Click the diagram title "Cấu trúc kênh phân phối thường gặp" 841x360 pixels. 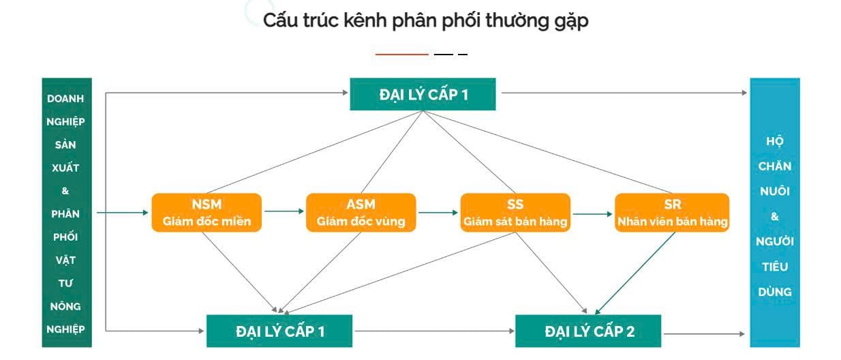(425, 21)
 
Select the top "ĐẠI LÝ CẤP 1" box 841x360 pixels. (423, 94)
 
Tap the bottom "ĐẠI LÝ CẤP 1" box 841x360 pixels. (279, 331)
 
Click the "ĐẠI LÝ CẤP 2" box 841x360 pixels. (588, 331)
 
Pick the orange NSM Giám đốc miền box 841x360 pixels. (207, 212)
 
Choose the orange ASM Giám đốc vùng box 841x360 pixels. (361, 212)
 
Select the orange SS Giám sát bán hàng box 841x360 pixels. (515, 212)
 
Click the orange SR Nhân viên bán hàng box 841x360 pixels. (672, 212)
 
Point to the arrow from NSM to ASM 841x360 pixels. (284, 211)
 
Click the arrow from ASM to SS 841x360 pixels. (438, 212)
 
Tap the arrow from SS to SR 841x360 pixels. (592, 214)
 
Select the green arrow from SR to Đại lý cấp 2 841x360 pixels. (635, 273)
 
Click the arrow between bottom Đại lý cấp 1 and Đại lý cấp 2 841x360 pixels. (434, 331)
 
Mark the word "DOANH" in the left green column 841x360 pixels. (65, 98)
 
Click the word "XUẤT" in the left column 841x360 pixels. (65, 168)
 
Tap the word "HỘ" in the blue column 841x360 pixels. (774, 140)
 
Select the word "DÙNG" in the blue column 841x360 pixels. (774, 292)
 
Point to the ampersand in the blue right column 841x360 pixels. (774, 216)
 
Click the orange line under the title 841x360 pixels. (401, 55)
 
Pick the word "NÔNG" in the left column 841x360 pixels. (65, 306)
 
